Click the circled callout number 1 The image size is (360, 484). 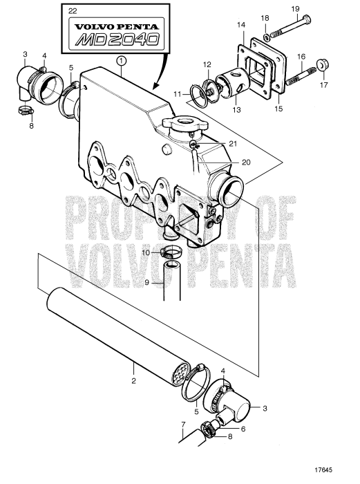click(122, 61)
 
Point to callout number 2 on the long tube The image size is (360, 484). click(133, 380)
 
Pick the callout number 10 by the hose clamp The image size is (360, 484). click(146, 253)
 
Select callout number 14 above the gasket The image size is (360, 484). click(241, 24)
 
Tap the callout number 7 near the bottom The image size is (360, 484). click(182, 423)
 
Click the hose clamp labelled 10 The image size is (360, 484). click(171, 252)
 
